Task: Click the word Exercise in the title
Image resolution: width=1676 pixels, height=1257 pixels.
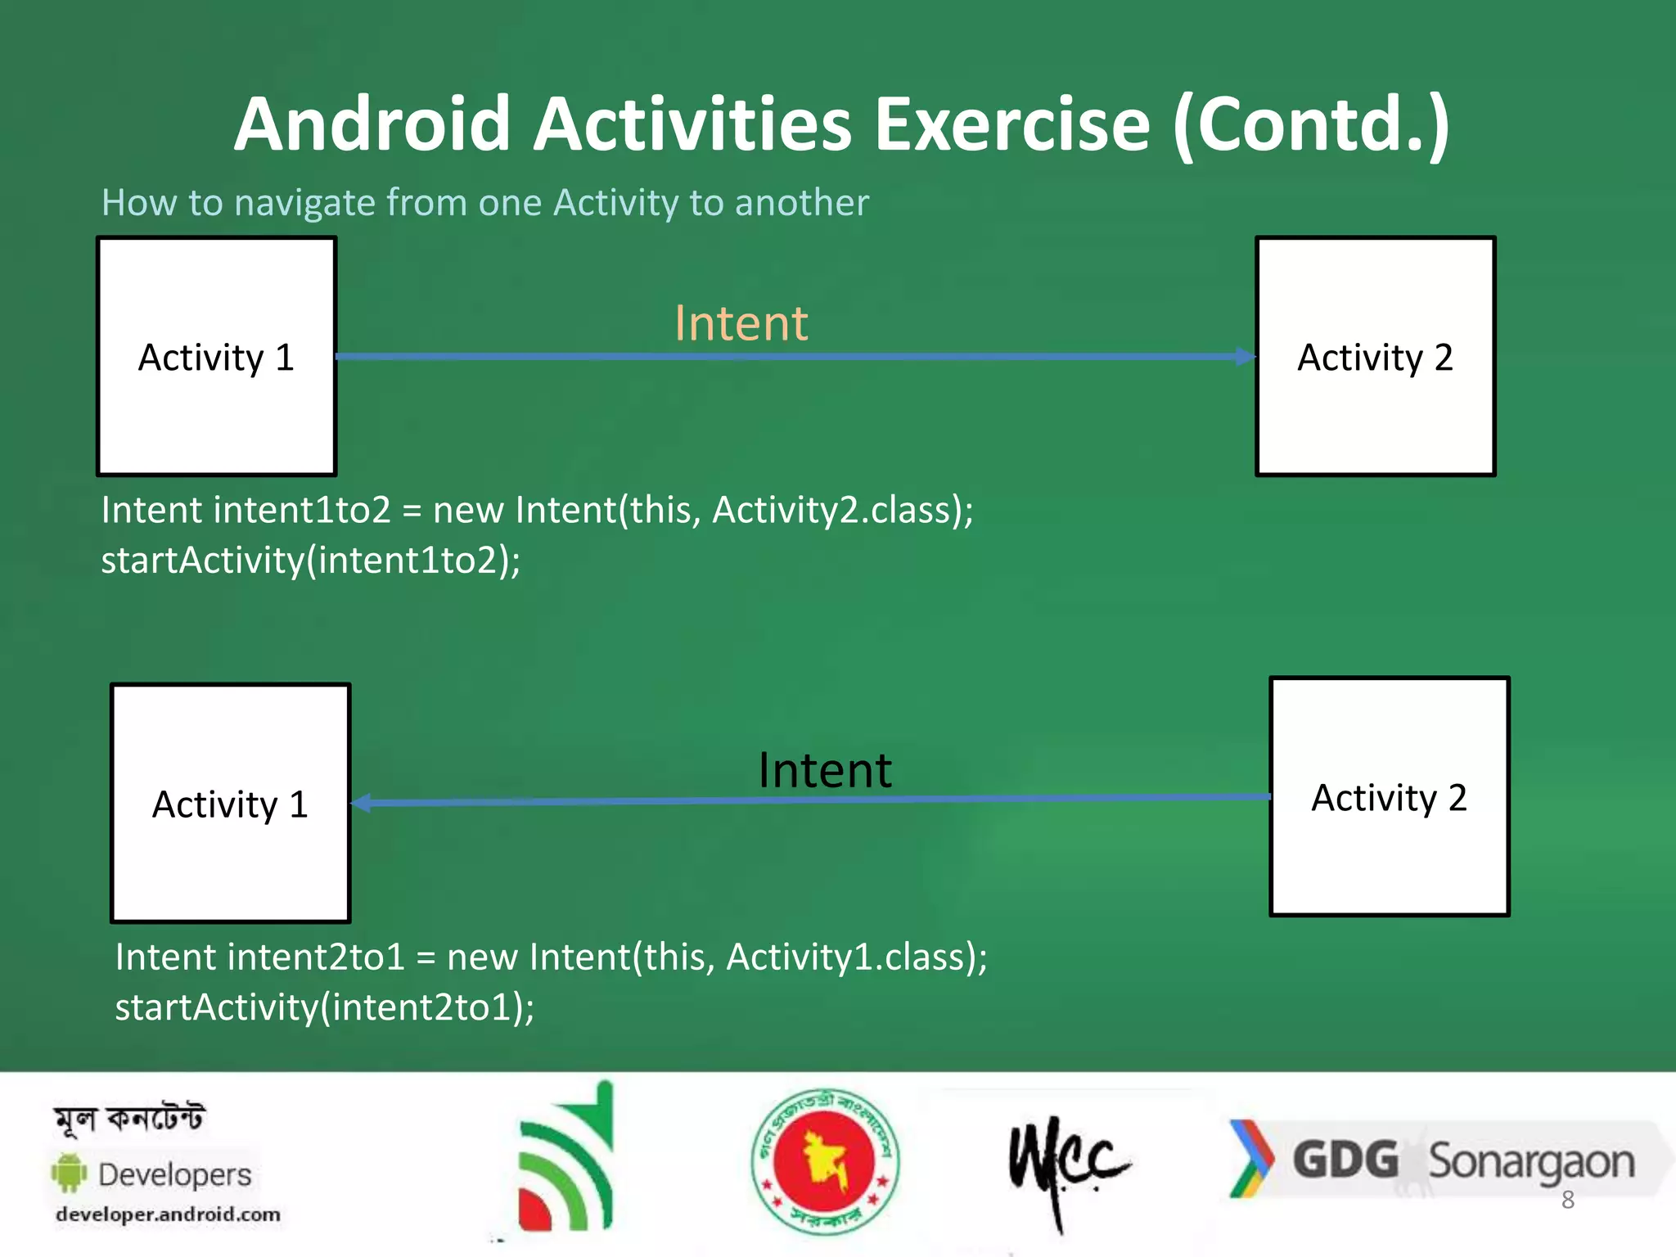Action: tap(1012, 124)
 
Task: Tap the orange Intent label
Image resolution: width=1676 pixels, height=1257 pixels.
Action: tap(741, 322)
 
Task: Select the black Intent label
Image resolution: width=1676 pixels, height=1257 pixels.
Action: tap(824, 770)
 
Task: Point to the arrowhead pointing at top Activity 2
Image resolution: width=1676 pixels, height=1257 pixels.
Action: tap(1245, 357)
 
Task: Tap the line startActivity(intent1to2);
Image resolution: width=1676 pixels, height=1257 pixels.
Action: tap(311, 561)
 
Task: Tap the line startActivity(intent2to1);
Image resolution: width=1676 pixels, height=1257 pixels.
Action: tap(325, 1007)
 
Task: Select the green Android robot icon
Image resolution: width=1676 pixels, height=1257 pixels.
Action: tap(70, 1173)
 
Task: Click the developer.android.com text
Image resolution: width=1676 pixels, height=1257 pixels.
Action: tap(168, 1214)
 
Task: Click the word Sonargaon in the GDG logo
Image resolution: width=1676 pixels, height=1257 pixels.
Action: tap(1530, 1162)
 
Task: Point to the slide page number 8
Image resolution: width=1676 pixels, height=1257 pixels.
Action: tap(1567, 1200)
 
